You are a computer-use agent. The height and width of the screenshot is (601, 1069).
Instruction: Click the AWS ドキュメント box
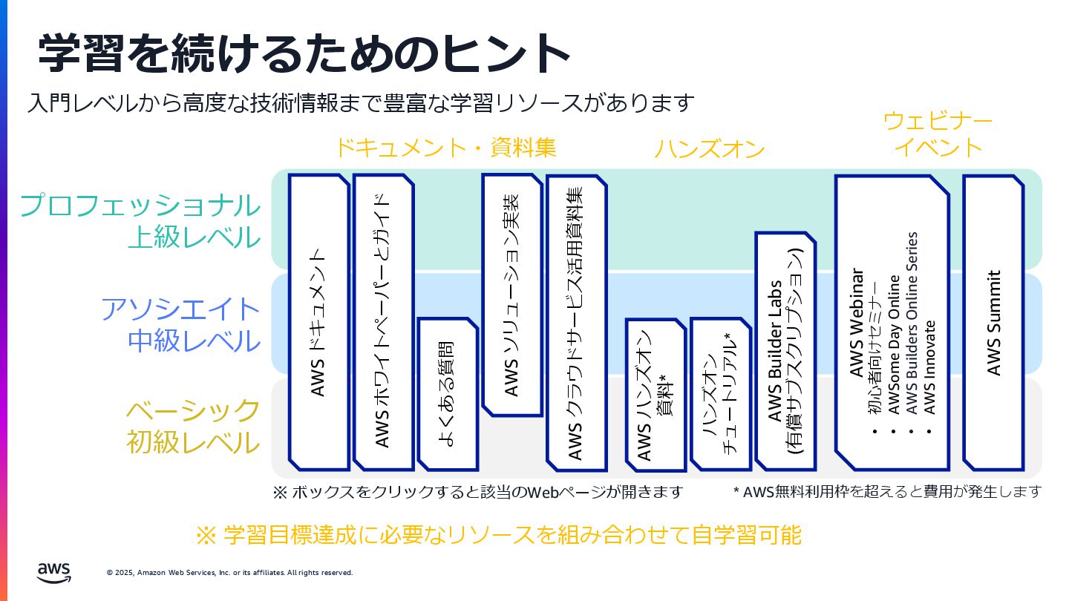click(318, 322)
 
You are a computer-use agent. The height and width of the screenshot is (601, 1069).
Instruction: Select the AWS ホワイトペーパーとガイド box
click(383, 322)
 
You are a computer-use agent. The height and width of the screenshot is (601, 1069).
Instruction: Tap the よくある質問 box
click(448, 393)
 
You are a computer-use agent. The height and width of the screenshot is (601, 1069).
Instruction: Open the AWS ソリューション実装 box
click(512, 295)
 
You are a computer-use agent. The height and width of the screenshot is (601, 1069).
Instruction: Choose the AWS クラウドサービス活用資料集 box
click(576, 322)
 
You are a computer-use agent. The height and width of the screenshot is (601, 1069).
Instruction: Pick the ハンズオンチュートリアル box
click(720, 393)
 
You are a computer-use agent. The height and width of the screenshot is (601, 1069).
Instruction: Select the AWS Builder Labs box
click(785, 351)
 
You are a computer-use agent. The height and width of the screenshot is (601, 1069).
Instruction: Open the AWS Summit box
click(993, 322)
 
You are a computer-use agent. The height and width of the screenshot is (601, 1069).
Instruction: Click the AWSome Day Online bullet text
click(895, 344)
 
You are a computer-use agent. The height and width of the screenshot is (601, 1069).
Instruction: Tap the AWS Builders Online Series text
click(912, 323)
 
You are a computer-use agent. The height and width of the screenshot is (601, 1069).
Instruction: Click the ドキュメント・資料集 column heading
click(445, 147)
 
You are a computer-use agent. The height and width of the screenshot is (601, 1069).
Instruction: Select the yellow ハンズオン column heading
click(709, 149)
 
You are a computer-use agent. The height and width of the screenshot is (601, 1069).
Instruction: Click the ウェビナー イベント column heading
click(938, 134)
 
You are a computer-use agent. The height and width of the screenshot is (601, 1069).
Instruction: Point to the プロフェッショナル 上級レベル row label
click(140, 220)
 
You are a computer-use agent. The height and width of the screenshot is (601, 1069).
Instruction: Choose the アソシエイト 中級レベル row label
click(180, 324)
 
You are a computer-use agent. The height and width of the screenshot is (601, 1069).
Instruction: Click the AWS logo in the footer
click(54, 571)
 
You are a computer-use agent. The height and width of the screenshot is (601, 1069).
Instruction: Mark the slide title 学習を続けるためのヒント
click(304, 53)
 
